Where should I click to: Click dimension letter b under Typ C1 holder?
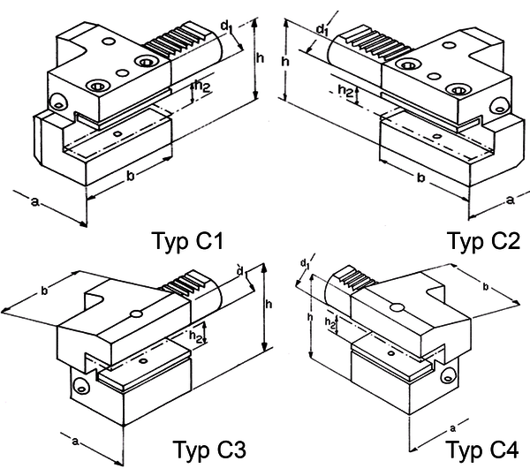tap(131, 177)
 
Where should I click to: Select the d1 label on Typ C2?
tap(320, 31)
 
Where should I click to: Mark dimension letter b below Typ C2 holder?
tap(420, 178)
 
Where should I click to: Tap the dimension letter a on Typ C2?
tap(510, 201)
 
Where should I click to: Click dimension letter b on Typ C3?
tap(44, 291)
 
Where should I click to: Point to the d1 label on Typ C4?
tap(305, 265)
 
